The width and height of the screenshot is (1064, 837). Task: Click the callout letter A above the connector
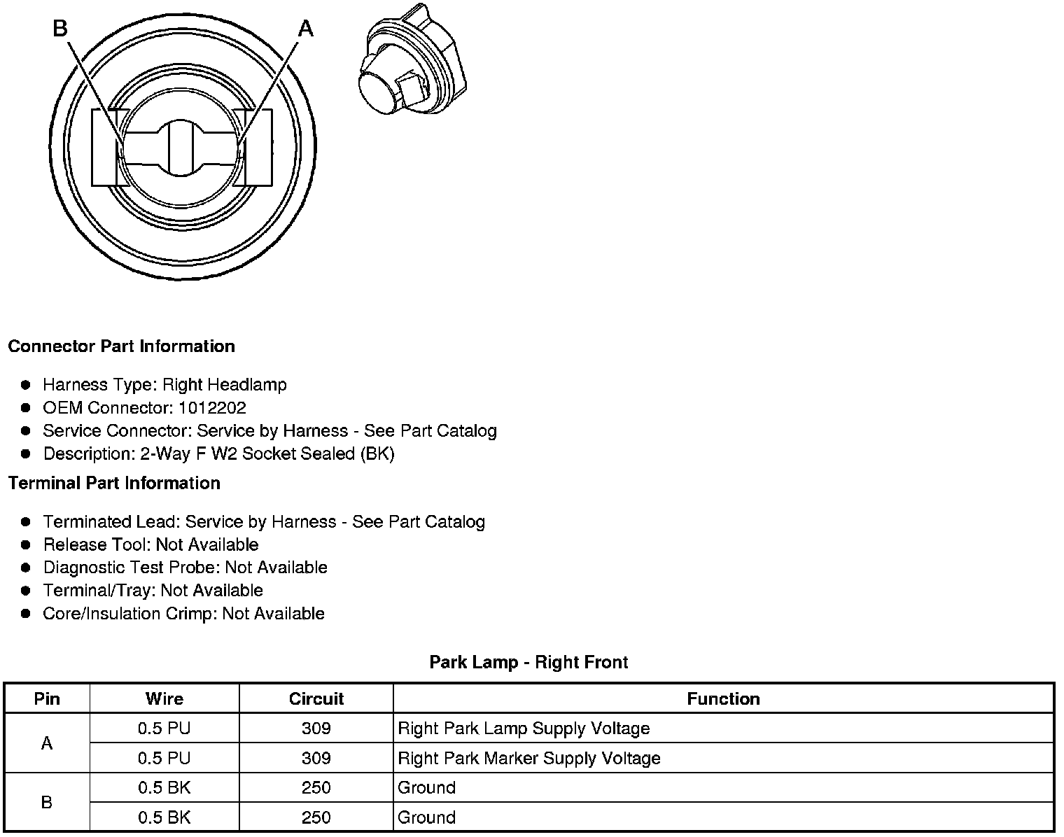pyautogui.click(x=306, y=29)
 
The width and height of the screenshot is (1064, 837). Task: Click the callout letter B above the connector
pyautogui.click(x=60, y=29)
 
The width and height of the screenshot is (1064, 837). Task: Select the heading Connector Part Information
pyautogui.click(x=121, y=346)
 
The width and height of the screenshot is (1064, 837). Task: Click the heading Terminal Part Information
pyautogui.click(x=114, y=484)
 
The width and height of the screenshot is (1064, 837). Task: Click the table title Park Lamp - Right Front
pyautogui.click(x=528, y=662)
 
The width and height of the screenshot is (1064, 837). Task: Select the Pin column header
pyautogui.click(x=47, y=698)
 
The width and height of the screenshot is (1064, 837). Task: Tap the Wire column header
pyautogui.click(x=164, y=698)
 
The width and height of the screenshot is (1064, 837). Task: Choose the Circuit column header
pyautogui.click(x=316, y=698)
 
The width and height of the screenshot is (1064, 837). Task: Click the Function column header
pyautogui.click(x=723, y=698)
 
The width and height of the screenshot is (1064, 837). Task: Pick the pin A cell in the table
pyautogui.click(x=47, y=743)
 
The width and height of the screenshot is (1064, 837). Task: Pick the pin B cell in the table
pyautogui.click(x=47, y=802)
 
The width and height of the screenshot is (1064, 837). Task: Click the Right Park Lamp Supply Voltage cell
pyautogui.click(x=524, y=729)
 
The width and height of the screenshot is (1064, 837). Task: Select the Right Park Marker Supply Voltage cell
pyautogui.click(x=529, y=758)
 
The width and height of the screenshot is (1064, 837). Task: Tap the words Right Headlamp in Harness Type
pyautogui.click(x=224, y=385)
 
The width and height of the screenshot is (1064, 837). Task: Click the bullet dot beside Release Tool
pyautogui.click(x=26, y=544)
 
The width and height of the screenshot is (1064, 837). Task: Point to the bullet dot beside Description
pyautogui.click(x=26, y=453)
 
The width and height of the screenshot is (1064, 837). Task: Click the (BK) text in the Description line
pyautogui.click(x=377, y=454)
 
